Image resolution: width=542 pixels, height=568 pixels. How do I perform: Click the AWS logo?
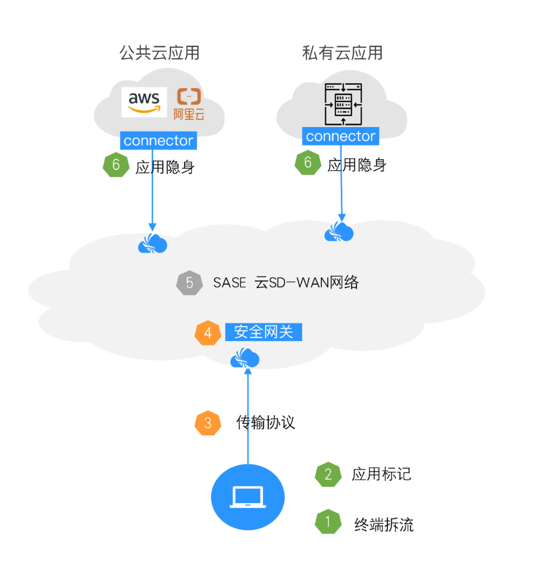[144, 102]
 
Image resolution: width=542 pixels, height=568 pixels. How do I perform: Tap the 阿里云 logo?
[189, 104]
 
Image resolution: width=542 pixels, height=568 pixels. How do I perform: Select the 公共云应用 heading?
[159, 53]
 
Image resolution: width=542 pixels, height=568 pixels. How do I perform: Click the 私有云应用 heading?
[342, 53]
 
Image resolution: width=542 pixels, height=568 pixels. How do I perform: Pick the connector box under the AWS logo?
[158, 141]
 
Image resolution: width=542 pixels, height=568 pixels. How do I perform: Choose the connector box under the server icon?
[340, 136]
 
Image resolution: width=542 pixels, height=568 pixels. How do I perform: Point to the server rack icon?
[343, 105]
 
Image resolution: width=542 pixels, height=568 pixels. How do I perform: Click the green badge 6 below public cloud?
[116, 165]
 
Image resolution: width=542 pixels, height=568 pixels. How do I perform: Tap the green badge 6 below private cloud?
[308, 162]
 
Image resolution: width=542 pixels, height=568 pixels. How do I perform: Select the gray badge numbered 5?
[189, 283]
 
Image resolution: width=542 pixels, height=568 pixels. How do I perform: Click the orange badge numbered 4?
[208, 333]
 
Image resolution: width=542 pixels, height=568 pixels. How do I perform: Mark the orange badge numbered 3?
[208, 423]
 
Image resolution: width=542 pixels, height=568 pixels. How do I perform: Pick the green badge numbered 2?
[328, 475]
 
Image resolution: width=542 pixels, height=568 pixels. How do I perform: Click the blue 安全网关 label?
[263, 332]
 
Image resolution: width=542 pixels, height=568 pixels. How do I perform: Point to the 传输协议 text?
[265, 422]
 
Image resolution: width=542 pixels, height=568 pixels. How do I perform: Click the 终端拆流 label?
[384, 525]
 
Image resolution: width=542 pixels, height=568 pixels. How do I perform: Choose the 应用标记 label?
[381, 474]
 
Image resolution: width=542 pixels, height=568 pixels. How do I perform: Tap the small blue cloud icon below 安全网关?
[245, 359]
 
